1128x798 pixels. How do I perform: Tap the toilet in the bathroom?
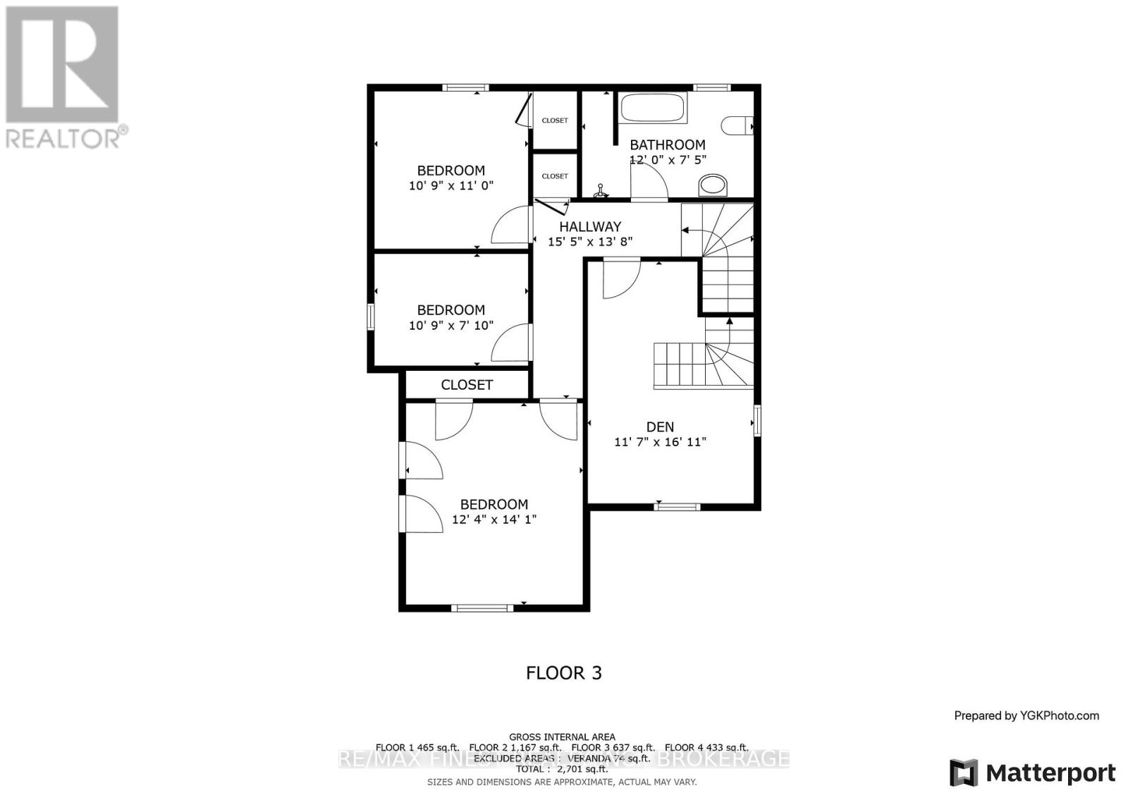tap(737, 125)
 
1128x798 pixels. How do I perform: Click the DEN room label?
tap(660, 426)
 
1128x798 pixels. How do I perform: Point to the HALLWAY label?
tap(590, 226)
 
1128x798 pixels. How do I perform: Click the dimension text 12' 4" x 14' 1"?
tap(494, 520)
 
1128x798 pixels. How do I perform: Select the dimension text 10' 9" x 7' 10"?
tap(450, 326)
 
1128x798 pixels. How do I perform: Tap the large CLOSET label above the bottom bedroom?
tap(467, 385)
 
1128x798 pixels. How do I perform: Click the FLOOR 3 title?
tap(564, 673)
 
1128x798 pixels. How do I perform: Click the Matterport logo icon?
tap(964, 773)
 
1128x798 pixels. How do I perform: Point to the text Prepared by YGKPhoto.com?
tap(1026, 716)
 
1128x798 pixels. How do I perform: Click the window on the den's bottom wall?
tap(678, 505)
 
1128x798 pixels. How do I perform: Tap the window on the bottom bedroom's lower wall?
tap(483, 607)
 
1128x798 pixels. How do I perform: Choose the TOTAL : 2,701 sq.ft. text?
tap(562, 769)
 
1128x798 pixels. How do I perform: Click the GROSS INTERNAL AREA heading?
tap(562, 737)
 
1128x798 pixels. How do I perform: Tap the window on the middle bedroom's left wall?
tap(370, 316)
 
